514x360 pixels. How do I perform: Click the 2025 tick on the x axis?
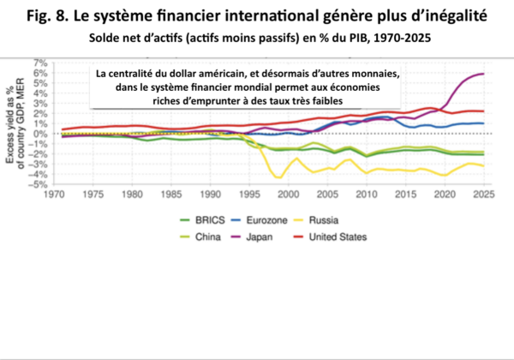(483, 195)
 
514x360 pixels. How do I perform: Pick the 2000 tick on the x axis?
(291, 195)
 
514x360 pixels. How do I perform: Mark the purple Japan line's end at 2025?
(483, 74)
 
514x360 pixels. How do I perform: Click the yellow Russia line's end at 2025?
(483, 165)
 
